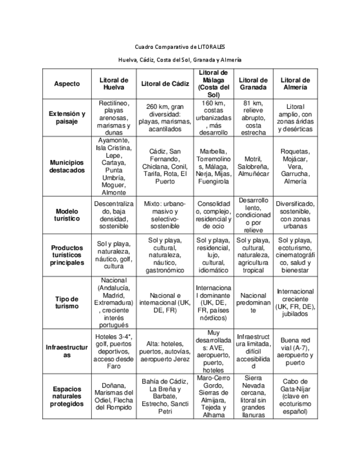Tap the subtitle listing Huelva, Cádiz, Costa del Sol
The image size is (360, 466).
[x=180, y=59]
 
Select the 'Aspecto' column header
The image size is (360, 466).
[x=67, y=84]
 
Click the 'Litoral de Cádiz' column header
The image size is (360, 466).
[x=161, y=84]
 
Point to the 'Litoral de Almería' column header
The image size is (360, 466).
[x=295, y=84]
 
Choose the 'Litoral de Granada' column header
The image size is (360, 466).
[x=253, y=84]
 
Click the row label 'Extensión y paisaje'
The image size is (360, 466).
[x=67, y=117]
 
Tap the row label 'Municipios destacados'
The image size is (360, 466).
[x=67, y=167]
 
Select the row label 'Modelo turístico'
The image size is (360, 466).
[x=67, y=214]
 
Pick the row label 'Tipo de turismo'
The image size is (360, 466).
[x=67, y=302]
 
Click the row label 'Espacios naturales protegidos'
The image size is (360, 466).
[x=67, y=396]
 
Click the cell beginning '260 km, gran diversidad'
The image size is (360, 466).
[x=161, y=118]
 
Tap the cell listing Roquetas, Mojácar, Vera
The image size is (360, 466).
[x=295, y=167]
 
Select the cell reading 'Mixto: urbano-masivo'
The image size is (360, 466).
[x=161, y=214]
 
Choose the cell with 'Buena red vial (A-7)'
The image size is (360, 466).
[x=295, y=352]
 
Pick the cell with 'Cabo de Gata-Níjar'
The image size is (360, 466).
[x=295, y=396]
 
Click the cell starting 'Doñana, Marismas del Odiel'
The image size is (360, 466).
[x=114, y=396]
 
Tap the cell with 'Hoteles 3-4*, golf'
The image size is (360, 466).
[x=114, y=352]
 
